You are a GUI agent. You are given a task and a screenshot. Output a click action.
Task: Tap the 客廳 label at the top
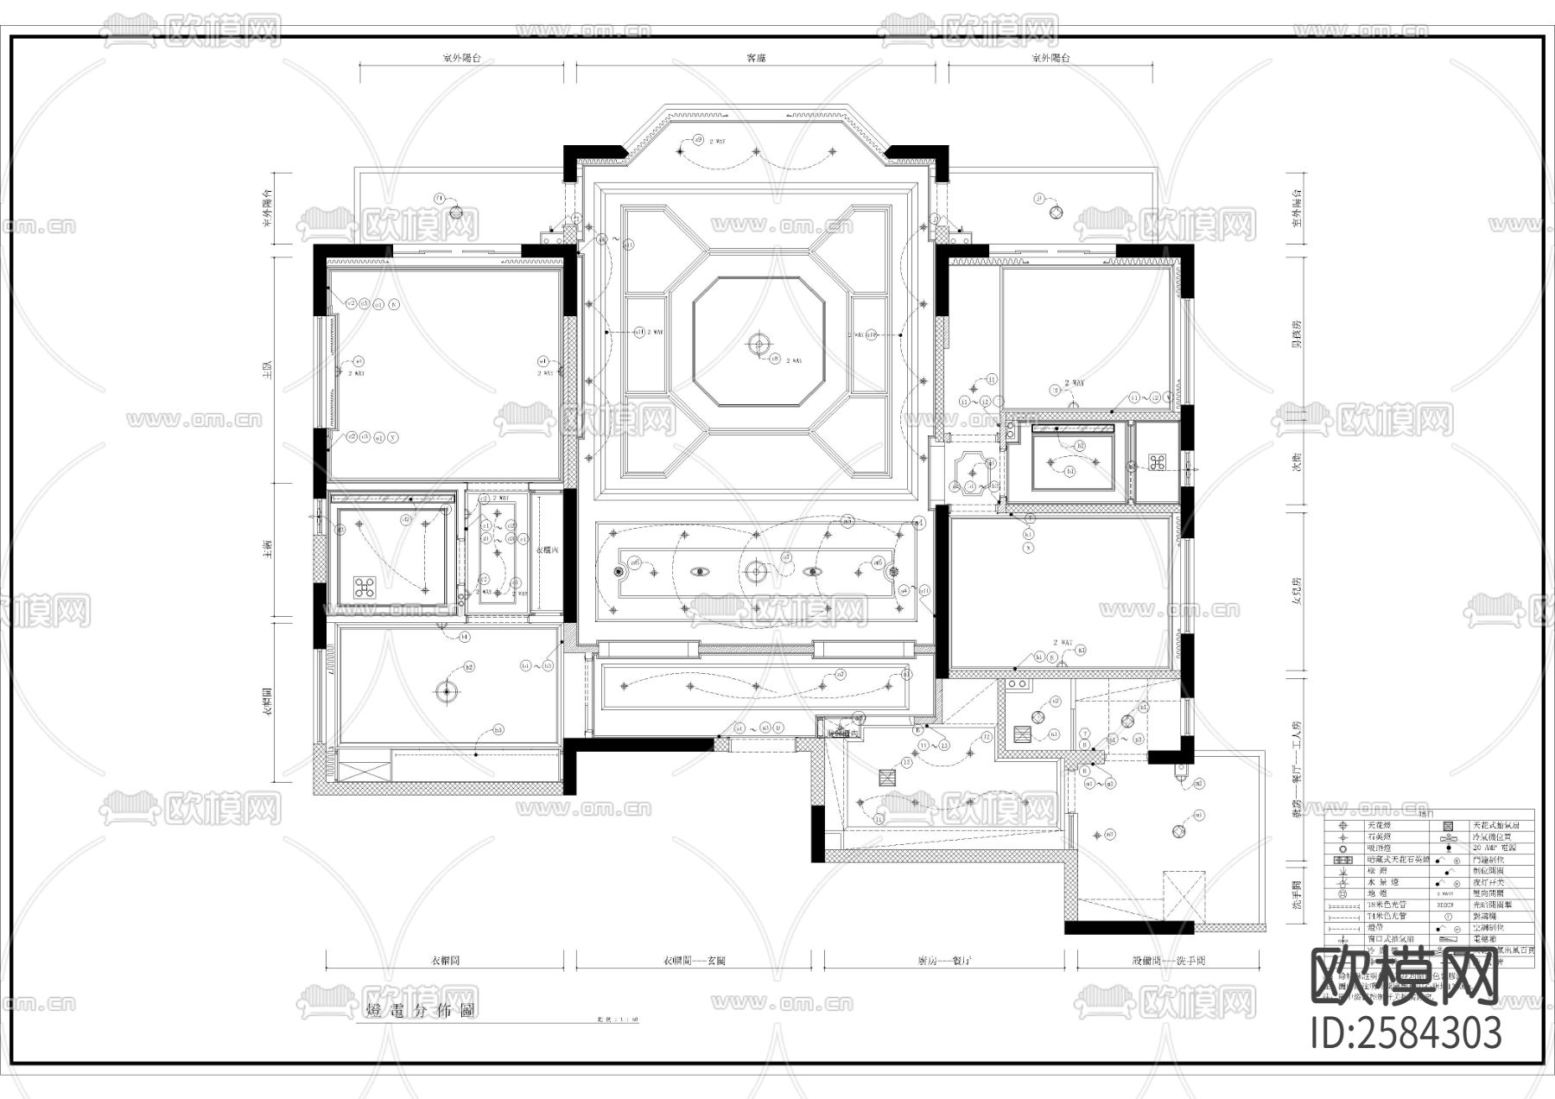[x=757, y=59]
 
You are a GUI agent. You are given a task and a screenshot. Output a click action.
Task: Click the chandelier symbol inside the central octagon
[x=758, y=345]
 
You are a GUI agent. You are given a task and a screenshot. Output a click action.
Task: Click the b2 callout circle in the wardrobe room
[x=470, y=667]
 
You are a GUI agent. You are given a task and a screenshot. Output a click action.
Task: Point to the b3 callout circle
[x=498, y=730]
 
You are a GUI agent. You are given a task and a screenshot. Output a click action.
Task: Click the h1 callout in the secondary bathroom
[x=1071, y=472]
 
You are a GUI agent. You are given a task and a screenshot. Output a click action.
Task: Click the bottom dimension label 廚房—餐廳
[x=944, y=961]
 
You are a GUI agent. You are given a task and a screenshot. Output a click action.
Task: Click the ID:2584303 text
[x=1406, y=1032]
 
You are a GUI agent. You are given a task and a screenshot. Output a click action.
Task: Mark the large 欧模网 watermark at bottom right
[x=1405, y=976]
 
